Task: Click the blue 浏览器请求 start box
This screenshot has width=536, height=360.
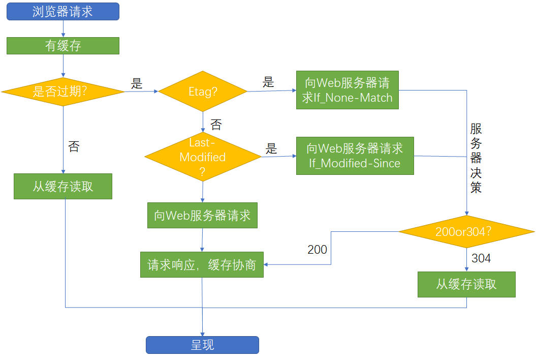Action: tap(62, 11)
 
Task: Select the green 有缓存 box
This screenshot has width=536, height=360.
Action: tap(62, 46)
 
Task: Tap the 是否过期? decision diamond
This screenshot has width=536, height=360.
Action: tap(62, 92)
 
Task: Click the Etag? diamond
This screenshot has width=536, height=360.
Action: tap(203, 92)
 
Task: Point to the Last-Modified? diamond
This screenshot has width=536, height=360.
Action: tap(203, 157)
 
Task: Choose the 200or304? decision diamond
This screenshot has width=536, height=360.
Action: tap(466, 231)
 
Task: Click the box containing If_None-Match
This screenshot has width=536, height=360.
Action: tap(348, 90)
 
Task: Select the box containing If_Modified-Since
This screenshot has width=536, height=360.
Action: tap(355, 156)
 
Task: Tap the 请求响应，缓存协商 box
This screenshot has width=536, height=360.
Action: tap(202, 265)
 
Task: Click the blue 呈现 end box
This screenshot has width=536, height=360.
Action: tap(202, 345)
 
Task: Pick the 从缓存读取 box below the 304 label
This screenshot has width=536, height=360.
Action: tap(466, 284)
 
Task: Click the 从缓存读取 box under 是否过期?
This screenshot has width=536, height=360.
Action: tap(62, 186)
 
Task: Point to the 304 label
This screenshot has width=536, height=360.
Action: tap(481, 258)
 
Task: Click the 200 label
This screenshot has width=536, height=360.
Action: tap(317, 250)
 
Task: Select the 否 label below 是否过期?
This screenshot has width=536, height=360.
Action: tap(74, 147)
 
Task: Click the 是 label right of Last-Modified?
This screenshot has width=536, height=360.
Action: tap(272, 148)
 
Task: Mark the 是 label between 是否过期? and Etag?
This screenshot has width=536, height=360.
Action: tap(137, 84)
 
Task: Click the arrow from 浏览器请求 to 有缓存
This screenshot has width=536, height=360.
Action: tap(62, 28)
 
